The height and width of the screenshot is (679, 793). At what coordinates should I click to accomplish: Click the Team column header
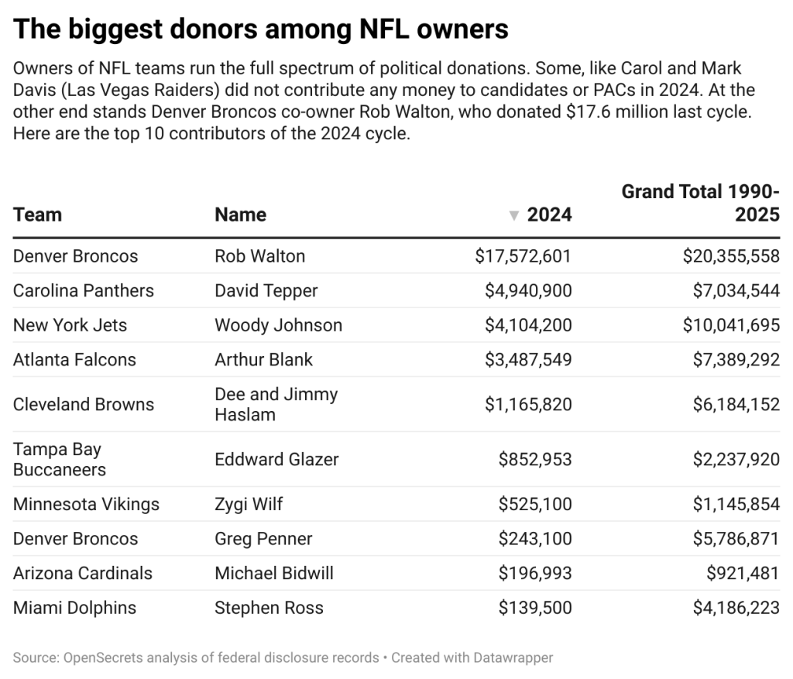(37, 214)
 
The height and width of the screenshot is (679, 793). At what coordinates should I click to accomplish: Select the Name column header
(240, 214)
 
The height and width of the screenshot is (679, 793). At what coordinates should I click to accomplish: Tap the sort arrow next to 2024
(513, 215)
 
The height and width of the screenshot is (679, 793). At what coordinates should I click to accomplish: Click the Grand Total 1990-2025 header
(700, 203)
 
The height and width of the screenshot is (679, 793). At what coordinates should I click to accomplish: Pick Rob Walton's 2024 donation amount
(524, 256)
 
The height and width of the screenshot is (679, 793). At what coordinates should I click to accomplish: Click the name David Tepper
(266, 290)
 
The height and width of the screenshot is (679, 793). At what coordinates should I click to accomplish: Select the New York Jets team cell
(70, 325)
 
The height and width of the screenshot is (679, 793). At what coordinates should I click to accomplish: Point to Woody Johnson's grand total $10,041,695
(730, 325)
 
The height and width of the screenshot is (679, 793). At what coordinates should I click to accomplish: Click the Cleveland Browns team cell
(84, 404)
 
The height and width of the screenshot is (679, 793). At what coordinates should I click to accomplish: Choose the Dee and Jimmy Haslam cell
(276, 404)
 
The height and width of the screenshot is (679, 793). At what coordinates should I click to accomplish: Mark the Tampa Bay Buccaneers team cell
(60, 459)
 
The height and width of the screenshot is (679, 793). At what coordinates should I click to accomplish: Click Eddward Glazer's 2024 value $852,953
(535, 459)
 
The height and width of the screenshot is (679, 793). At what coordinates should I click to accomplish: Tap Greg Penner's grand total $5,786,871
(736, 539)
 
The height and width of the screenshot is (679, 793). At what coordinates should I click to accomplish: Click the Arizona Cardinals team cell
(83, 573)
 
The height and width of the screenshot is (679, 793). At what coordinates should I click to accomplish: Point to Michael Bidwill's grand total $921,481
(742, 573)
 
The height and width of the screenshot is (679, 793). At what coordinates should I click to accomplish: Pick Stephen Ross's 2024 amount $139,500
(535, 608)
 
